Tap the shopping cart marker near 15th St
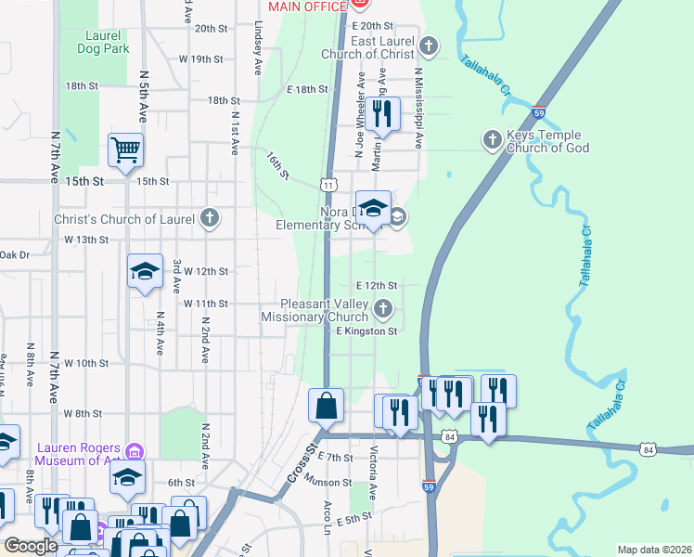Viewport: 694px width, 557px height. (125, 149)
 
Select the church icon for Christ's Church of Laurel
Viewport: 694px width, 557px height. (210, 218)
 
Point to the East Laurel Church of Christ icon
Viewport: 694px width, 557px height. (428, 45)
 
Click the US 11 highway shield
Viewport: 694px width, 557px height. (329, 186)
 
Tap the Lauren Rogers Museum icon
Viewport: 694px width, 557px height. (135, 452)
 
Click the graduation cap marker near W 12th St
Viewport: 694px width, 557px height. (145, 271)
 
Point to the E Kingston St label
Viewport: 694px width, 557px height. (366, 330)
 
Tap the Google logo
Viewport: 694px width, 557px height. (31, 546)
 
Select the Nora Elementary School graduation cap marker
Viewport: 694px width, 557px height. (373, 209)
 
